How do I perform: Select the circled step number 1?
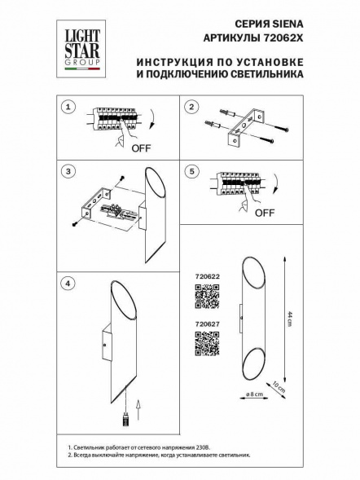tap(69, 107)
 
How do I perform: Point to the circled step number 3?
tap(69, 172)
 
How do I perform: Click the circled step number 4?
tap(69, 282)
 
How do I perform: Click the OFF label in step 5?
tap(264, 214)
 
